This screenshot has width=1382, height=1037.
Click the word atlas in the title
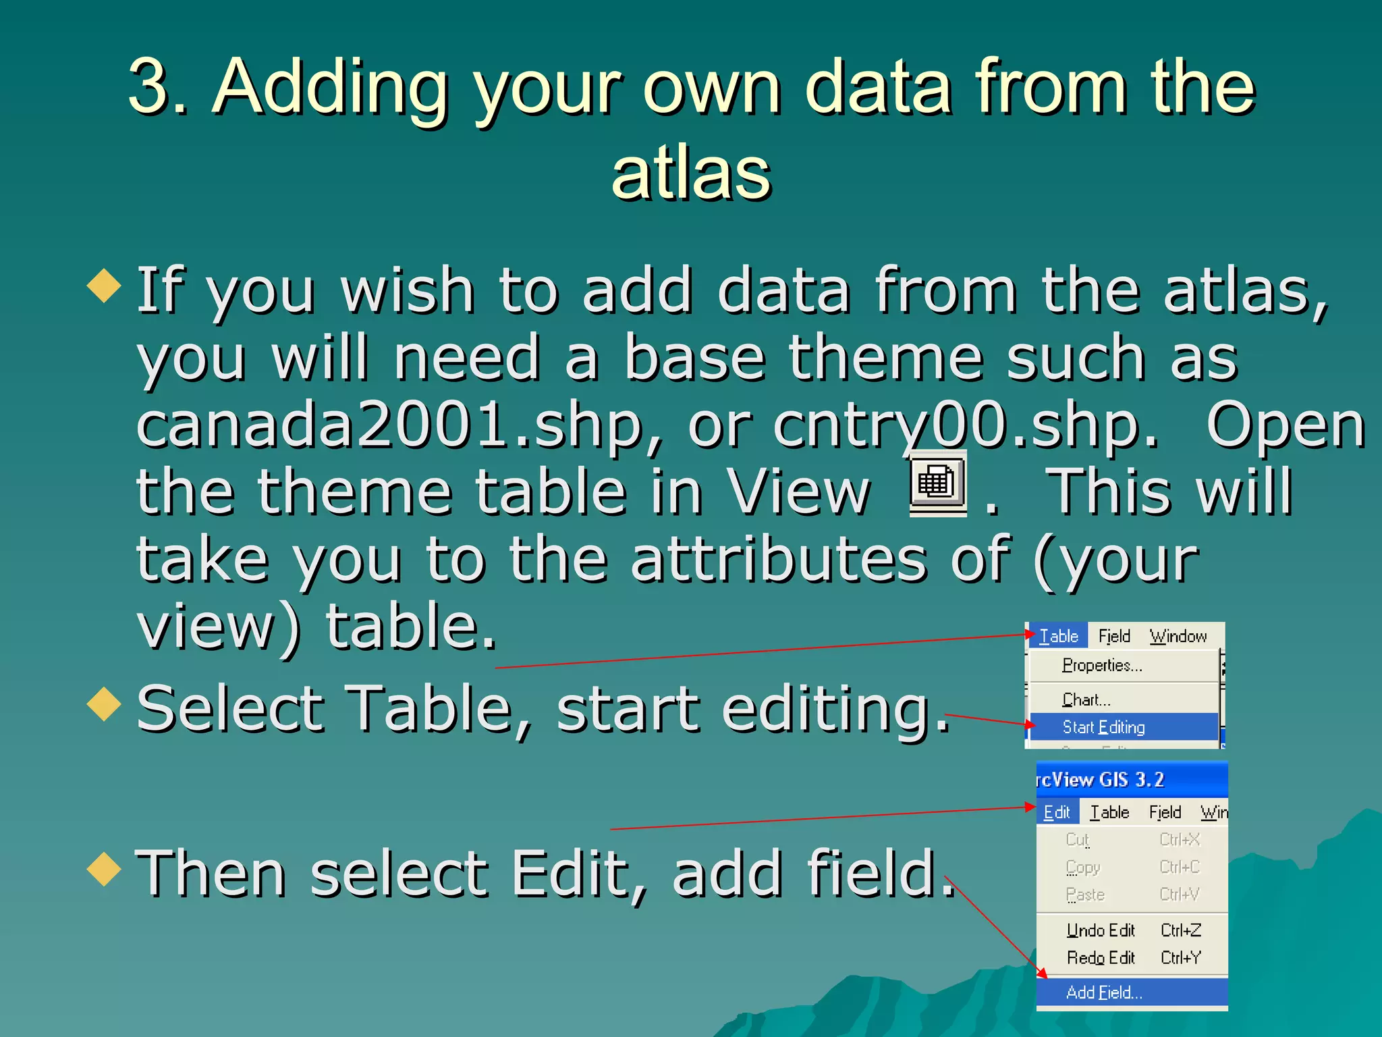(690, 174)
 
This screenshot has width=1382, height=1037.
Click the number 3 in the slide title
(150, 86)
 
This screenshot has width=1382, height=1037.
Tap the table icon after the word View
(937, 483)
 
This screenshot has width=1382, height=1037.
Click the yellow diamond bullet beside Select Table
(104, 703)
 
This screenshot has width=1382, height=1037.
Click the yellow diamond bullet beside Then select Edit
(104, 868)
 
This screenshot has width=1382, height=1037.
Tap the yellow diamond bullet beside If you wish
(104, 285)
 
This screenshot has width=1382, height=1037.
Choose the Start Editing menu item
(1103, 727)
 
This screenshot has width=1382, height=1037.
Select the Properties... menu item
(1101, 666)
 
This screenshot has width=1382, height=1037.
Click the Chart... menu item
(1086, 699)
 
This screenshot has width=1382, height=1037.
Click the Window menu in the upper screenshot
(1178, 636)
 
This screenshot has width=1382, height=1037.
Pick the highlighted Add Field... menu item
(1104, 992)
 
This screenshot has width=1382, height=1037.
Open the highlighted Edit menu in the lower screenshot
(1057, 812)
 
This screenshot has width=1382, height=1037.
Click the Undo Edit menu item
(1101, 930)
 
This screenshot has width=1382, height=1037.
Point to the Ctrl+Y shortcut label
(1181, 958)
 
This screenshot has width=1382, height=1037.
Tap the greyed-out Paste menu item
(1085, 895)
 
